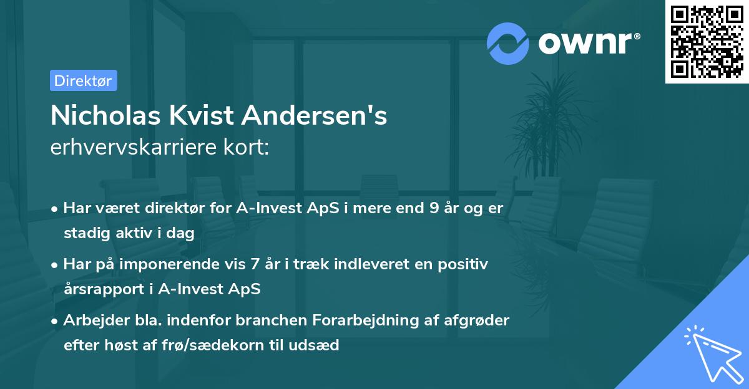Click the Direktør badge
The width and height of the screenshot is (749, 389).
click(83, 80)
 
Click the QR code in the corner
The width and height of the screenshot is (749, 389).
click(707, 42)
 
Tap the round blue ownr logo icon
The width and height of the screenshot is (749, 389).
click(508, 44)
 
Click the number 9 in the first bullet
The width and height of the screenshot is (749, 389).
click(434, 208)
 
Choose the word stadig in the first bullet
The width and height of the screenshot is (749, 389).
click(84, 233)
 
